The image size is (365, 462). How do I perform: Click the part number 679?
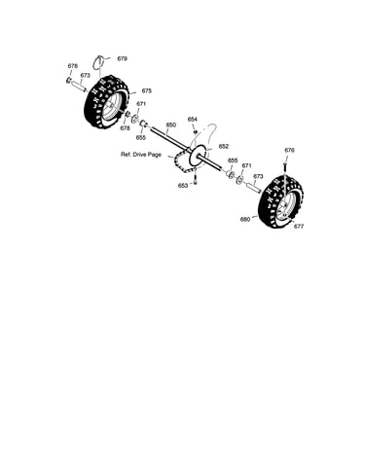tap(122, 58)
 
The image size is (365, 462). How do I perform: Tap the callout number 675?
tap(147, 90)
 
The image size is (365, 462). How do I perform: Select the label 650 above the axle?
tap(171, 124)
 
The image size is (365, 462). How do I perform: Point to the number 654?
tap(193, 120)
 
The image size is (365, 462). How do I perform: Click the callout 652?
tap(224, 146)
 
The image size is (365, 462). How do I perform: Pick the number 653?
tap(183, 186)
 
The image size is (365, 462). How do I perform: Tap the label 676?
tap(289, 150)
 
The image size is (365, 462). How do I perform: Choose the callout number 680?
tap(245, 220)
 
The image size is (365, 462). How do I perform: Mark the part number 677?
tap(299, 227)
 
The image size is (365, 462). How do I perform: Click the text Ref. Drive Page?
tap(141, 155)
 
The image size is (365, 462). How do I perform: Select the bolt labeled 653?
tap(196, 180)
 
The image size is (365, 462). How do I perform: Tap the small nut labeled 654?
tap(195, 131)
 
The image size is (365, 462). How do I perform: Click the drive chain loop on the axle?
tap(184, 160)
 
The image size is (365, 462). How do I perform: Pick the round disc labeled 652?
tap(199, 153)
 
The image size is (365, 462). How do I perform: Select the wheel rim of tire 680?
tap(285, 207)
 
